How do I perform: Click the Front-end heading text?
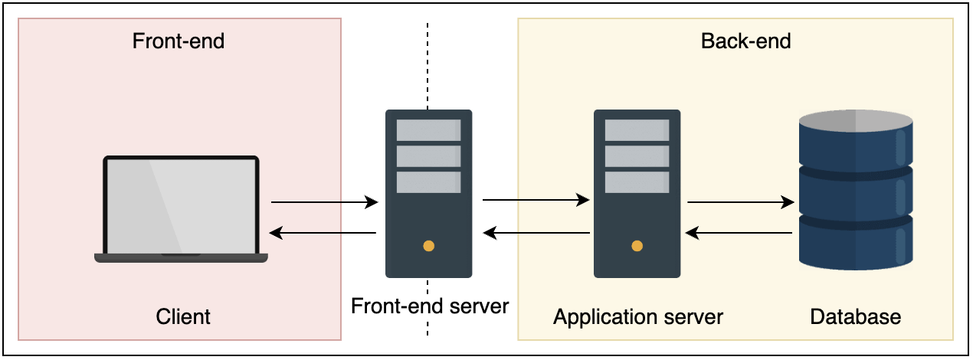[179, 41]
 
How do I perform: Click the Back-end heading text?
[745, 41]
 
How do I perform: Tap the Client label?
[183, 316]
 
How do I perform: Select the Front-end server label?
[430, 306]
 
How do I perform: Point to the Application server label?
[638, 316]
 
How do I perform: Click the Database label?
[855, 316]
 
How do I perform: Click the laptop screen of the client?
[181, 205]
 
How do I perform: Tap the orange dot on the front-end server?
[429, 247]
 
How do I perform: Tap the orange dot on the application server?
[637, 247]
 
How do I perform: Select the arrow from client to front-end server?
[325, 203]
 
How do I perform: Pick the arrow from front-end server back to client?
[325, 233]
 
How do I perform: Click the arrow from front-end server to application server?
[536, 201]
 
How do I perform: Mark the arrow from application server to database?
[740, 203]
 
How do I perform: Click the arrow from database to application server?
[739, 232]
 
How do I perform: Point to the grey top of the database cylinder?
[856, 121]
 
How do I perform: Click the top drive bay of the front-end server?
[428, 130]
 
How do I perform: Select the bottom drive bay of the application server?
[637, 182]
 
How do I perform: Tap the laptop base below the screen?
[181, 258]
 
